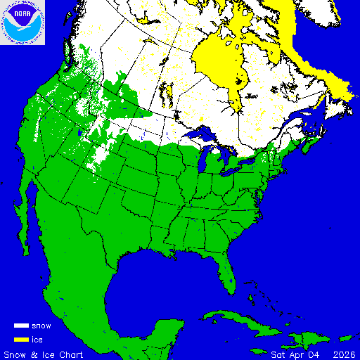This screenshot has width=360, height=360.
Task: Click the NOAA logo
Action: tap(22, 22)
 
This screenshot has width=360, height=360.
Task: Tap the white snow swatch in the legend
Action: tap(21, 326)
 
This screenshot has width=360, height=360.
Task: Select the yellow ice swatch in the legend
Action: tap(21, 340)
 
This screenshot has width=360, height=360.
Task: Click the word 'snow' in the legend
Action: tap(41, 326)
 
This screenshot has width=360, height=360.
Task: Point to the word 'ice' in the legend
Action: tap(37, 340)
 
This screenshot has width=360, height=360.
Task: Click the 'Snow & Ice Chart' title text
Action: tap(44, 354)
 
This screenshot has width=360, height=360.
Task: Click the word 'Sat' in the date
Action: tap(279, 354)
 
